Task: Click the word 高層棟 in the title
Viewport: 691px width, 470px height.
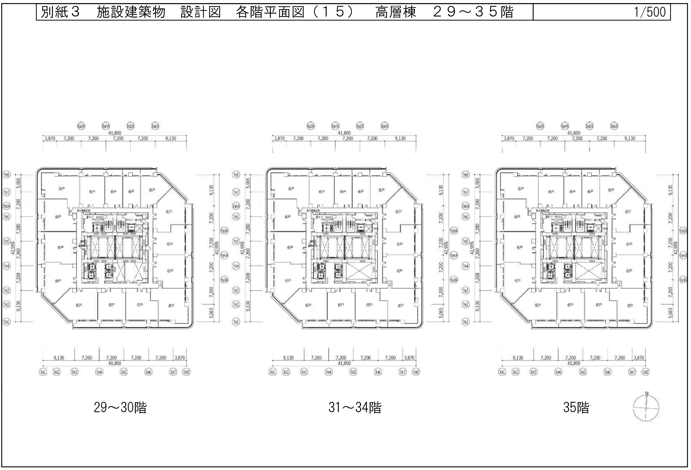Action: tap(395, 12)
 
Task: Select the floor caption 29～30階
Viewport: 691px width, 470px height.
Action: tap(120, 408)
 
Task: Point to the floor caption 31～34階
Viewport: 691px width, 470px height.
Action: tap(355, 408)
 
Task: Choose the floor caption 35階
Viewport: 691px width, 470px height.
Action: tap(576, 408)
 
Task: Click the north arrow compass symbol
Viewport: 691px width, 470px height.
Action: tap(646, 409)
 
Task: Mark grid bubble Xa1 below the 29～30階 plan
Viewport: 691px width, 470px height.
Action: tap(43, 372)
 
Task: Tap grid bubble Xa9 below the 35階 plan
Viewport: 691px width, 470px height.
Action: tap(645, 372)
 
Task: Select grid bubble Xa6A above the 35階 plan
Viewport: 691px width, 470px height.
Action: tap(614, 126)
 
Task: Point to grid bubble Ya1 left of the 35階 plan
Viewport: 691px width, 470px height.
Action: tap(465, 322)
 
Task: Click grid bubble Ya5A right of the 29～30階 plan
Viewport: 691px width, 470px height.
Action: tap(224, 231)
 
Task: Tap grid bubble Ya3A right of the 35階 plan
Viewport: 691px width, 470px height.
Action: tap(683, 280)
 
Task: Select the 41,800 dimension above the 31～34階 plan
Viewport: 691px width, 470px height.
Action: tap(344, 133)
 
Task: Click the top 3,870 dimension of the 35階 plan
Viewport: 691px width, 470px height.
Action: tap(509, 138)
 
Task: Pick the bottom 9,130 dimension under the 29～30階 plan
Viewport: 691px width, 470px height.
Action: tap(58, 358)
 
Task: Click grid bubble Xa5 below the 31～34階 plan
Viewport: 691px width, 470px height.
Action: tap(353, 372)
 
